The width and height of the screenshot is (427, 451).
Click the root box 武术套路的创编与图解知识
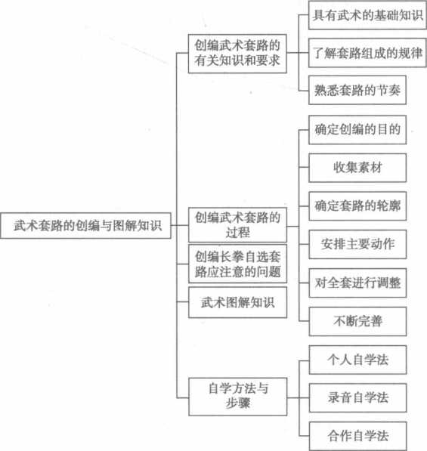point(85,225)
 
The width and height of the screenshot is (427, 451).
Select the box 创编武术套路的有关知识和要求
point(237,54)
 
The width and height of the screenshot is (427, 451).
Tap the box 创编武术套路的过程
point(237,224)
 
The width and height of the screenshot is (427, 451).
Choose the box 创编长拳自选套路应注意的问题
point(237,264)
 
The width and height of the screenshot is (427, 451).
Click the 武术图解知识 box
point(237,302)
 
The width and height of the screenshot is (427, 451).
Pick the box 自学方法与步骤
point(238,397)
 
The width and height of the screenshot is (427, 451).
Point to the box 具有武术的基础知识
point(367,15)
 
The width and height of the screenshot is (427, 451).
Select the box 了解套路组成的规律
point(367,53)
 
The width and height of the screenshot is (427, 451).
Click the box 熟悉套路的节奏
point(357,90)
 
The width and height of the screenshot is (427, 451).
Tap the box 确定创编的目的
point(357,130)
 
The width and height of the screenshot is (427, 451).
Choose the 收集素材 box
point(357,168)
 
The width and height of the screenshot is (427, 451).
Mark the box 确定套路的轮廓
point(357,206)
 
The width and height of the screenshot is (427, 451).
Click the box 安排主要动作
point(357,244)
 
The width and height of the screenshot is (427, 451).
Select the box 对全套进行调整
point(357,283)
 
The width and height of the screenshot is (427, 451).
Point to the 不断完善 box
point(357,321)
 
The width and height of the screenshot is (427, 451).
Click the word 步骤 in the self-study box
point(238,403)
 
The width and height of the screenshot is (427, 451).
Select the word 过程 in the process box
point(237,233)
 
